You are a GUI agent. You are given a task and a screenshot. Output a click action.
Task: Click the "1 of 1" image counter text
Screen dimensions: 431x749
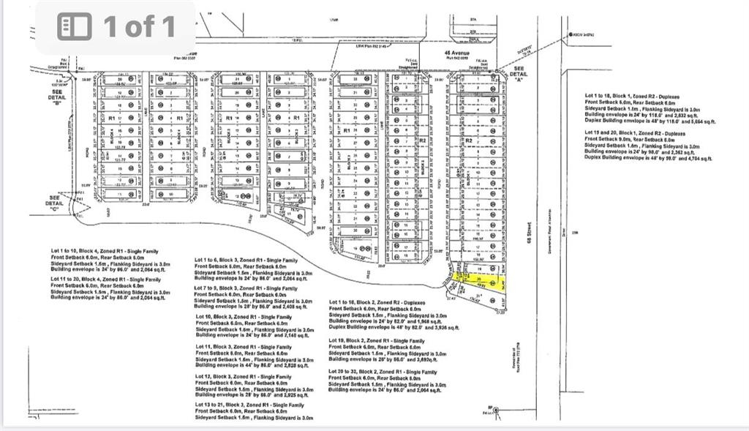point(139,27)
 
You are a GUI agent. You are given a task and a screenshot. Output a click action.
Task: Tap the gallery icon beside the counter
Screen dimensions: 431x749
point(75,27)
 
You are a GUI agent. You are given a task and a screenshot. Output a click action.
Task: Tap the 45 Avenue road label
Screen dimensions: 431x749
point(456,53)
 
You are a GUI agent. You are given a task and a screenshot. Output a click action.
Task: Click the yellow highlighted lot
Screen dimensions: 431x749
point(480,282)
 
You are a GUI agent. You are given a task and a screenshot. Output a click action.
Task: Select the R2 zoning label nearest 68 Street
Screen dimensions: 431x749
point(470,140)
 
